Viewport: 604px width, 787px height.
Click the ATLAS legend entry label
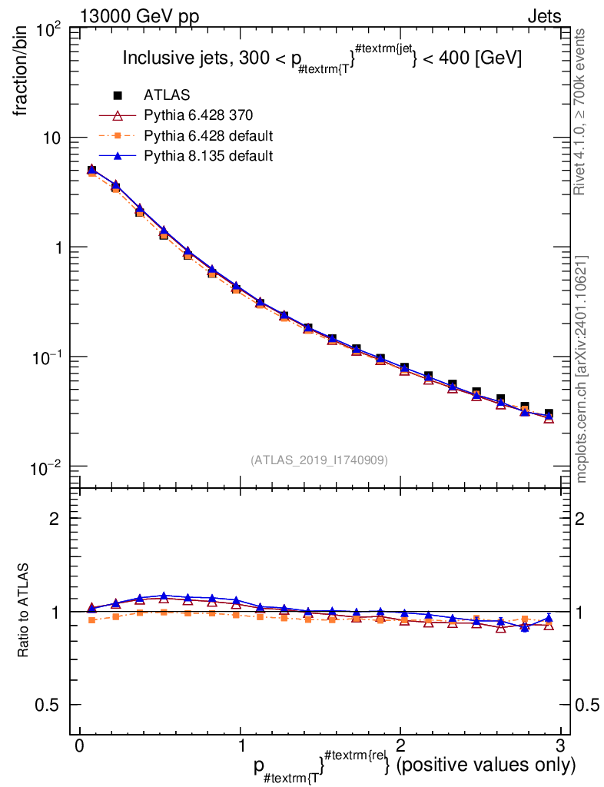(x=167, y=95)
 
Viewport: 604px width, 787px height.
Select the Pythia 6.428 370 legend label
(x=198, y=115)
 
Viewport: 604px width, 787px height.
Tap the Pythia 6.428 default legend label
(x=208, y=135)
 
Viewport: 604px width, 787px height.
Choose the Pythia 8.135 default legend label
(x=208, y=155)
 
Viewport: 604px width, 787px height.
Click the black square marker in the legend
(x=118, y=95)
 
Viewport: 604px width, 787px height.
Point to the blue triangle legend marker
(x=118, y=156)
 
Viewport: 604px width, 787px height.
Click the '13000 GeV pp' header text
(x=139, y=17)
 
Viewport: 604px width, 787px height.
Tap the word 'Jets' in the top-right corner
(x=544, y=17)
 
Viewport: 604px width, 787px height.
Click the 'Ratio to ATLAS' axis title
(x=22, y=610)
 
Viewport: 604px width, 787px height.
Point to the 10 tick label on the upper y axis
(x=50, y=138)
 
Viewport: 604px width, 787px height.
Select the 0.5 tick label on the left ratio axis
(x=47, y=705)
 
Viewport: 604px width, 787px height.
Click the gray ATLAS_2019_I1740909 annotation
(x=319, y=460)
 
